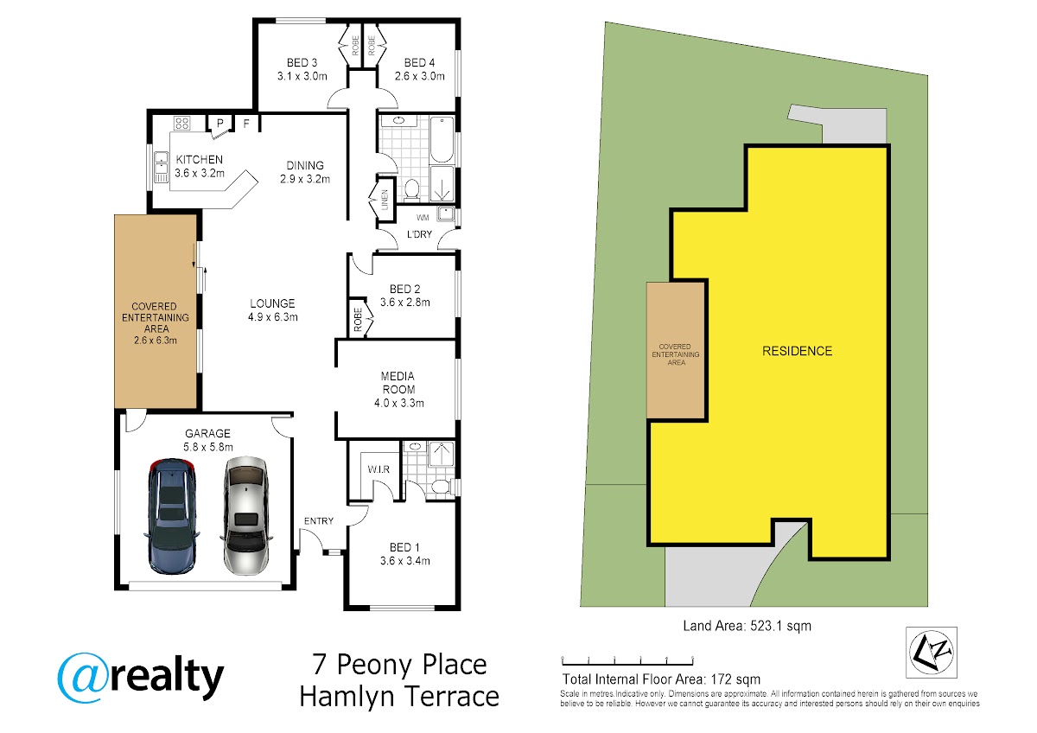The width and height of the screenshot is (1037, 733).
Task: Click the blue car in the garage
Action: coord(172,517)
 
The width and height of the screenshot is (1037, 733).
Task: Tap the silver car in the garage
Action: coord(245,516)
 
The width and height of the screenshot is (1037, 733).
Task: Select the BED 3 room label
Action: coord(302,62)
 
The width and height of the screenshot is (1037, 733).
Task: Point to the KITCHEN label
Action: coord(199,160)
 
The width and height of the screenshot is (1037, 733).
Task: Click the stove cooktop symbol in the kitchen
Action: coord(182,123)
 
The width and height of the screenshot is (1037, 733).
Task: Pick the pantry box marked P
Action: coord(220,123)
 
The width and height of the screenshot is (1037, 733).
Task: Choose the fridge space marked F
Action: coord(246,123)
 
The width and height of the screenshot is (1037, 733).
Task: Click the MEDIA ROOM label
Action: coord(398,383)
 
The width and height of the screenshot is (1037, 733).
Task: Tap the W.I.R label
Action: coord(379,469)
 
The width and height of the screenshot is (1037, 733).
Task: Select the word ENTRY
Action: coord(319,521)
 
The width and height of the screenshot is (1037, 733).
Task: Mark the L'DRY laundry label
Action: coord(419,234)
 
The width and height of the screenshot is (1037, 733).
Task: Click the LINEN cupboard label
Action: coord(385,200)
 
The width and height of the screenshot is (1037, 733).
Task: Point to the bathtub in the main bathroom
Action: coord(442,139)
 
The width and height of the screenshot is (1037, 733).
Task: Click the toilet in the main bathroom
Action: coord(411,190)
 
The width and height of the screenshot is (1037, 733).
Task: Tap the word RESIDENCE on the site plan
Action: coord(797,351)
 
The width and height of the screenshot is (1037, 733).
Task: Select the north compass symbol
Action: coord(931,652)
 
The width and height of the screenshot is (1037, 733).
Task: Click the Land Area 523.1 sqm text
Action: coord(748,626)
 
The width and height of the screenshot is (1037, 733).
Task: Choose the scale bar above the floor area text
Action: coord(627,661)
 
